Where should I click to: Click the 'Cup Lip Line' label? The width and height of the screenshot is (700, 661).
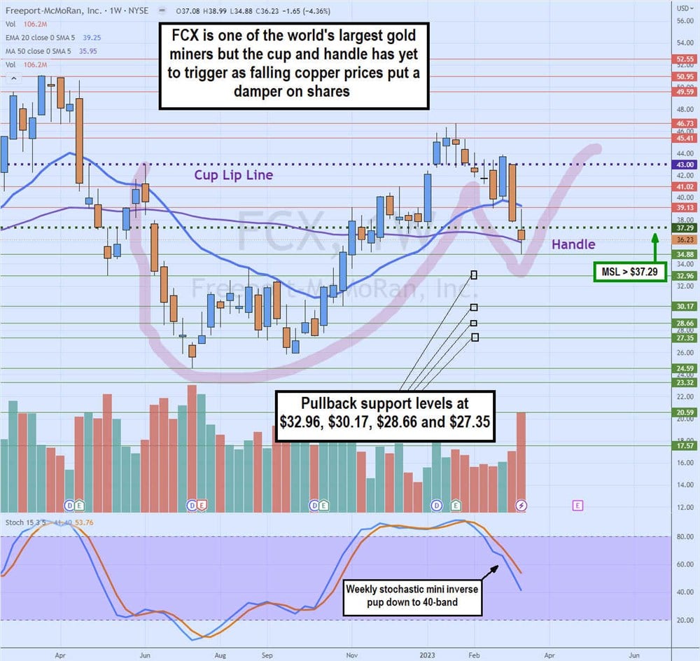[233, 176]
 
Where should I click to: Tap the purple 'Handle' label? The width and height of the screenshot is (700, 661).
[573, 244]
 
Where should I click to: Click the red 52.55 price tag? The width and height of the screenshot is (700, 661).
[683, 60]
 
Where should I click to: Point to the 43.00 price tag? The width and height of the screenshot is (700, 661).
[683, 165]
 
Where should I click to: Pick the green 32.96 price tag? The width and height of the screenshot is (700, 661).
[683, 276]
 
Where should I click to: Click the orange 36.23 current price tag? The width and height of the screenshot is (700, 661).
[683, 239]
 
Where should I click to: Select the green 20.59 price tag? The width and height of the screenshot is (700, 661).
[683, 413]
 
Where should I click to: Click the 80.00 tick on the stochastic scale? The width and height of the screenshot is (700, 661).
[684, 537]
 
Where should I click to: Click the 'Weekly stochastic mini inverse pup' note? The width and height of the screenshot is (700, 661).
[412, 596]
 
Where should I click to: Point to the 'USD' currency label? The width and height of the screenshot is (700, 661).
[683, 8]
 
